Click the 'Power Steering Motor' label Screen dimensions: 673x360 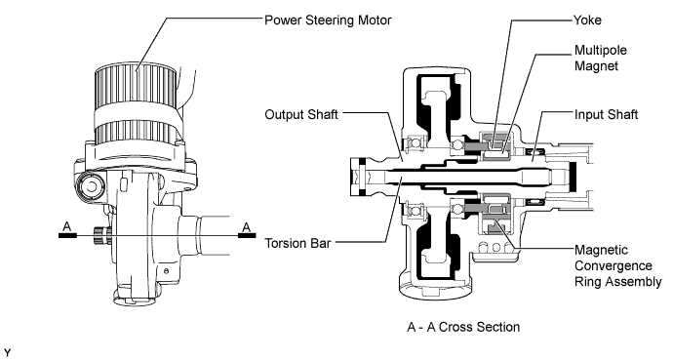click(328, 20)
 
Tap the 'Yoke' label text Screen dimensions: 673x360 click(587, 20)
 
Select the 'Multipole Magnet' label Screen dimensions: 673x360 click(601, 58)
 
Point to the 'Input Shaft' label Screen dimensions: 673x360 click(606, 114)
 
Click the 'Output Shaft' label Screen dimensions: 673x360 click(301, 114)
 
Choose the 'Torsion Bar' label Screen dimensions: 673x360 click(297, 243)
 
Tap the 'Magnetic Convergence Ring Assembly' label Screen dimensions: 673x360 click(617, 265)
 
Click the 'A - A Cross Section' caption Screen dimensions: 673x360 click(463, 327)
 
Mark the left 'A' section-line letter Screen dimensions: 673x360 click(67, 226)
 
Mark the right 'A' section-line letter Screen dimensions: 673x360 click(247, 226)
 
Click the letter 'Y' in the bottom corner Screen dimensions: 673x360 click(7, 353)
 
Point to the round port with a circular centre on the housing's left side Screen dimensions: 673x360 click(91, 186)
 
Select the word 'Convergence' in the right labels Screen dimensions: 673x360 click(614, 265)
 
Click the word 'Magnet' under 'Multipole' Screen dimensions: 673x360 click(596, 65)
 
